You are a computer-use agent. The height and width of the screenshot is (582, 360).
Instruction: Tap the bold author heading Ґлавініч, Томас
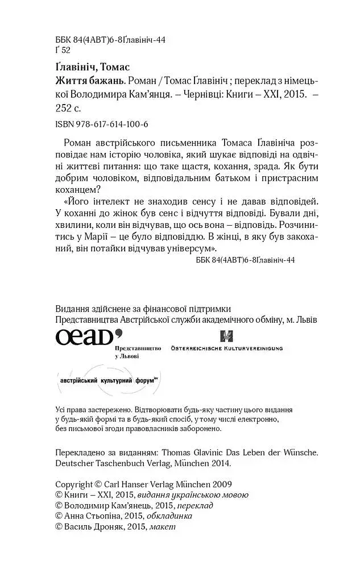(x=93, y=67)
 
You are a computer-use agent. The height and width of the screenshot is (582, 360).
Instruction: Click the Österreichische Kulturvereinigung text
(x=227, y=348)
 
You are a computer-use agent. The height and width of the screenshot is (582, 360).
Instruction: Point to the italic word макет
(x=163, y=527)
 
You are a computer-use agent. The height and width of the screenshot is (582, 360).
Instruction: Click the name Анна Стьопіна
(x=91, y=516)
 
